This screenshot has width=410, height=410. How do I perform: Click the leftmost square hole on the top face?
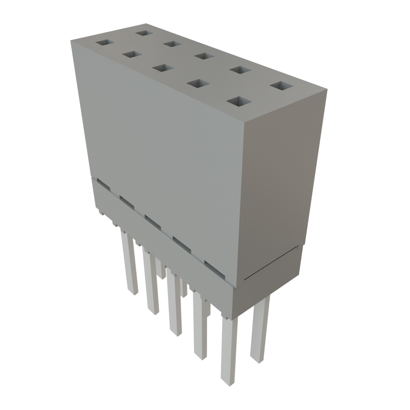click(105, 42)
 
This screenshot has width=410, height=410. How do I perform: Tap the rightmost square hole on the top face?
click(281, 86)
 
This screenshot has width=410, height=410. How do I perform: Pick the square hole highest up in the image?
click(143, 32)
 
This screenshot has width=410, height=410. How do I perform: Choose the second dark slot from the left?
click(127, 202)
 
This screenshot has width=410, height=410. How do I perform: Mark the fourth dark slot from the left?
click(182, 243)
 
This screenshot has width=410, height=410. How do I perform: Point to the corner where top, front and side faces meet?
click(245, 121)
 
